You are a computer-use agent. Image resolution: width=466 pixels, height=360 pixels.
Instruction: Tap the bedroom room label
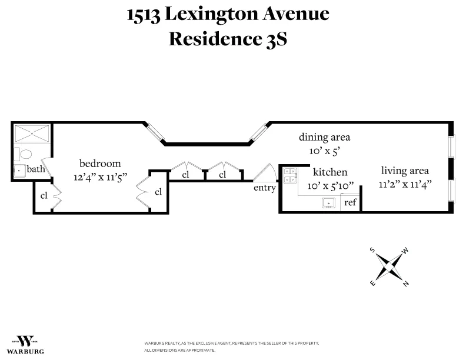pos(100,164)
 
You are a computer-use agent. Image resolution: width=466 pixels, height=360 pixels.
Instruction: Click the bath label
pos(36,169)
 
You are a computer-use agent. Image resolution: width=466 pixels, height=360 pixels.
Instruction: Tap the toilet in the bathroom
pos(25,155)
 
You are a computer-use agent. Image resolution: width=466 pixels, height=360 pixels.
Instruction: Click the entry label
pos(264,188)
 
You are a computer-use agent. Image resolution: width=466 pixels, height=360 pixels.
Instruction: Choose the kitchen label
pos(329,172)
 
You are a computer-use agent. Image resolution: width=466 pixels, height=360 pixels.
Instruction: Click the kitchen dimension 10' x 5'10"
pos(331,185)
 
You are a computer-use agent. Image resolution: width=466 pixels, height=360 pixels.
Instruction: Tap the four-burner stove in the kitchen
pos(289,175)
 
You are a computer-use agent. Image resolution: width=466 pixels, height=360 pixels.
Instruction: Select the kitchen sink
pos(328,204)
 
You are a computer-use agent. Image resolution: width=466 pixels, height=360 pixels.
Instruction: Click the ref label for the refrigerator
pos(350,203)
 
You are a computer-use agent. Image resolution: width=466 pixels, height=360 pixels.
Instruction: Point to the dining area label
pos(324,137)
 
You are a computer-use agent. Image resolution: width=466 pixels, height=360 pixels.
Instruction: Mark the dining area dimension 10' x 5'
pos(324,150)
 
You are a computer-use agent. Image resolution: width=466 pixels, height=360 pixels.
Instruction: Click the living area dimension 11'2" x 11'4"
pos(405,184)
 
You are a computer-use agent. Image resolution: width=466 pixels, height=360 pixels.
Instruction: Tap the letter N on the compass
pos(406,284)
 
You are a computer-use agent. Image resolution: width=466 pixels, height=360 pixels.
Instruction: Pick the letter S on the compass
pos(372,249)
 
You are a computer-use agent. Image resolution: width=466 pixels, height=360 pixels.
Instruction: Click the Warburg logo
pos(28,344)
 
